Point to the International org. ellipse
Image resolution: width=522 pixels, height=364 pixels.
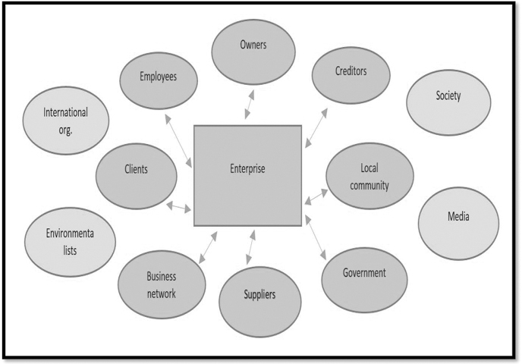[65, 119]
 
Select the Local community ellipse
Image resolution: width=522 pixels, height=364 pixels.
[369, 176]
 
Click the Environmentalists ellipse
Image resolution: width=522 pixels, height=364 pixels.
[70, 241]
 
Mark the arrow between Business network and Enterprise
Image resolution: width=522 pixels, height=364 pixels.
[206, 249]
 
